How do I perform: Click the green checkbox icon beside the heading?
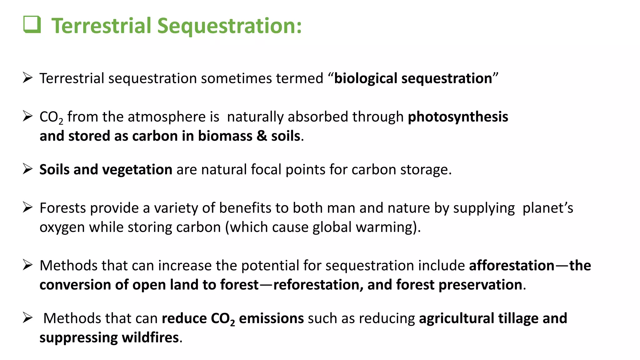[32, 24]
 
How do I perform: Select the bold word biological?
[366, 78]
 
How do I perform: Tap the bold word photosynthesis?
[458, 117]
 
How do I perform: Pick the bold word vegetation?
[137, 170]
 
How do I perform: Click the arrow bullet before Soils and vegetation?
[28, 169]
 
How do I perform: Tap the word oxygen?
[62, 227]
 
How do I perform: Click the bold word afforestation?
[512, 266]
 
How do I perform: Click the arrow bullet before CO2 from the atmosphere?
[28, 116]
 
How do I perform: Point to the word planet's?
[547, 208]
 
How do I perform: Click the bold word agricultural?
[456, 318]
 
